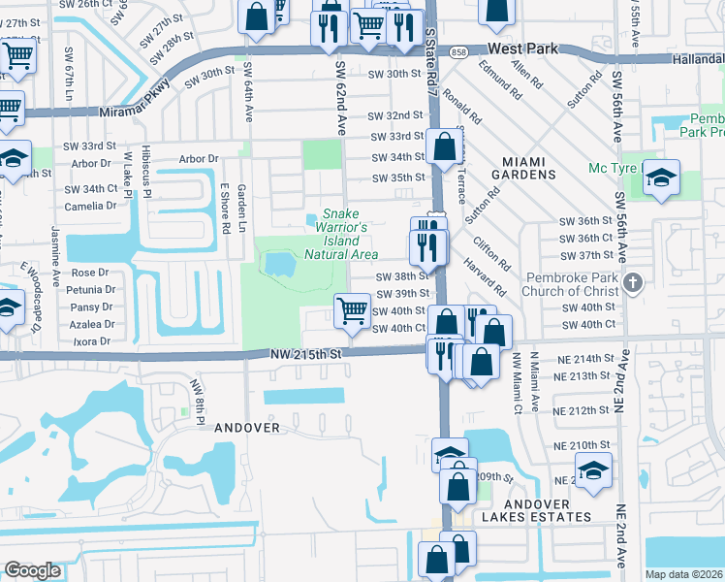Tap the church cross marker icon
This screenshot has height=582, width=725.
[x=633, y=283]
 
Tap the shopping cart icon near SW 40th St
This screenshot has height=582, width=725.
[x=351, y=311]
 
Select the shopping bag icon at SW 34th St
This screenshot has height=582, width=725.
[x=445, y=148]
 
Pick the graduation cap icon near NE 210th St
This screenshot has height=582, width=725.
[x=593, y=471]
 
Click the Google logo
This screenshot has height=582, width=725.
[x=33, y=570]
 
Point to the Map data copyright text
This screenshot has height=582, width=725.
[x=684, y=574]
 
